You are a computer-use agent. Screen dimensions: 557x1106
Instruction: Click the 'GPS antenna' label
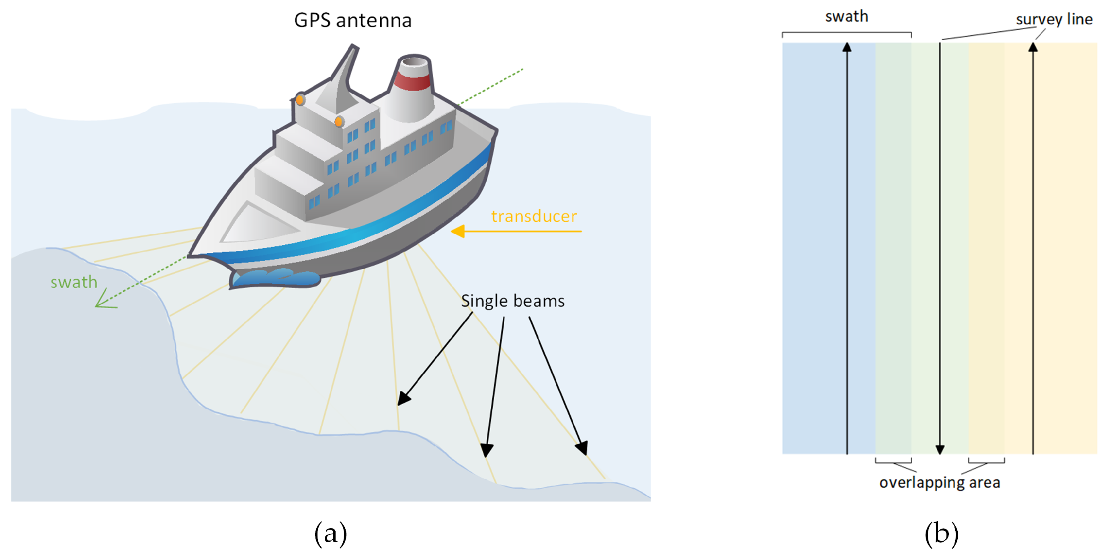pos(352,20)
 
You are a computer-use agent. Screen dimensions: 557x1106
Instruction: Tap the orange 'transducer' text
pos(534,216)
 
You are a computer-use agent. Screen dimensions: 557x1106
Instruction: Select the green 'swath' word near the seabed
pos(74,282)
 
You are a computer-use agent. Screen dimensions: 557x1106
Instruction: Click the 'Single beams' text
pos(513,301)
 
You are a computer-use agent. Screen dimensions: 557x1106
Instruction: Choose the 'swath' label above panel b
pos(847,16)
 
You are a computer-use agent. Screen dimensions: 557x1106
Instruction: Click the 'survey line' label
pos(1054,19)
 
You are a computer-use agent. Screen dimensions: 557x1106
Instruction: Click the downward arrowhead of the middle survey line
pos(940,449)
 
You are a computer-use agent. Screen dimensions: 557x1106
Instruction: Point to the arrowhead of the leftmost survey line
pos(847,47)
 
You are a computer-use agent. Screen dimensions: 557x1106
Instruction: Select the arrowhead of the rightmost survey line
pos(1033,47)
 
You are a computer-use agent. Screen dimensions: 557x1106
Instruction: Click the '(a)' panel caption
pos(331,534)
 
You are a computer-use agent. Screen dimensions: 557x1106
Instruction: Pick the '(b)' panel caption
pos(942,534)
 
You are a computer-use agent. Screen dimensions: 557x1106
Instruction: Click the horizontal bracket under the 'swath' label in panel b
pos(847,33)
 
